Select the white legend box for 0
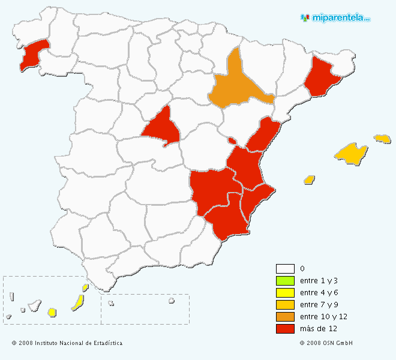tap(284, 269)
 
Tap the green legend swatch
tap(284, 281)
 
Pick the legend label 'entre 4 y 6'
tap(319, 293)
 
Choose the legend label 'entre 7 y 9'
tap(319, 305)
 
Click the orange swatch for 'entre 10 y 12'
tap(284, 317)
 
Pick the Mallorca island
tap(352, 154)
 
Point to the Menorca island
tap(382, 139)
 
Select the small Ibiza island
tap(310, 179)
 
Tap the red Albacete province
tap(210, 189)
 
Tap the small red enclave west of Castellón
tap(232, 141)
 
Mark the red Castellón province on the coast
tap(262, 137)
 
